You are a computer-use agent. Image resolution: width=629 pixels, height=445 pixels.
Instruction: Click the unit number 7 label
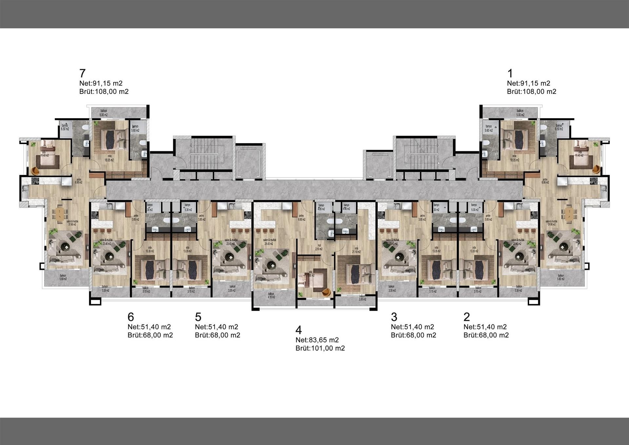point(83,73)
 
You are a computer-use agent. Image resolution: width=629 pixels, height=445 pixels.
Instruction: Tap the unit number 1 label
point(510,73)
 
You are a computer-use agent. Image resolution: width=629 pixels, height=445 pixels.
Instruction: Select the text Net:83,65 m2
point(317,340)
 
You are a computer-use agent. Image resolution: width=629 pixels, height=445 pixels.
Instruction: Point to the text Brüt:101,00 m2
point(320,348)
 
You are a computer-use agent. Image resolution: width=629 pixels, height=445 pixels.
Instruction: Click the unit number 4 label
point(298,330)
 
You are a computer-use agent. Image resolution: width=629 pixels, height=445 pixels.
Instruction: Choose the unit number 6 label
point(131,317)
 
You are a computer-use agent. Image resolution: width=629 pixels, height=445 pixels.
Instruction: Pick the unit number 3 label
point(394,317)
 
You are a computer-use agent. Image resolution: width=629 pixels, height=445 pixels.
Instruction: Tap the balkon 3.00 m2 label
point(362,298)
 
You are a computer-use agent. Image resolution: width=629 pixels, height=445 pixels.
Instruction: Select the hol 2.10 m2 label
point(319,247)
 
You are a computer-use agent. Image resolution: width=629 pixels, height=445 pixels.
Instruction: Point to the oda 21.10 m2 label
point(356,250)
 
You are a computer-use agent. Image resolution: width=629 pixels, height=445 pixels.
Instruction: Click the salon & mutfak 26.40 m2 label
point(269,242)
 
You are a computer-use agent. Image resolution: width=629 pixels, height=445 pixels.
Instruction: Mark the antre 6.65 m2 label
point(301,217)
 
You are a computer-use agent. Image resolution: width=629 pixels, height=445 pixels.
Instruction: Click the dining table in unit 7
point(60,213)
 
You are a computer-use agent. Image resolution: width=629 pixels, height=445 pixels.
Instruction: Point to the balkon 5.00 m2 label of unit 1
point(520,113)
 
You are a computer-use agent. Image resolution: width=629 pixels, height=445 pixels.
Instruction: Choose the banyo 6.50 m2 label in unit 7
point(65,127)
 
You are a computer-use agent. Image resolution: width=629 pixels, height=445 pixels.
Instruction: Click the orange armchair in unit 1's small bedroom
point(597,170)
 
